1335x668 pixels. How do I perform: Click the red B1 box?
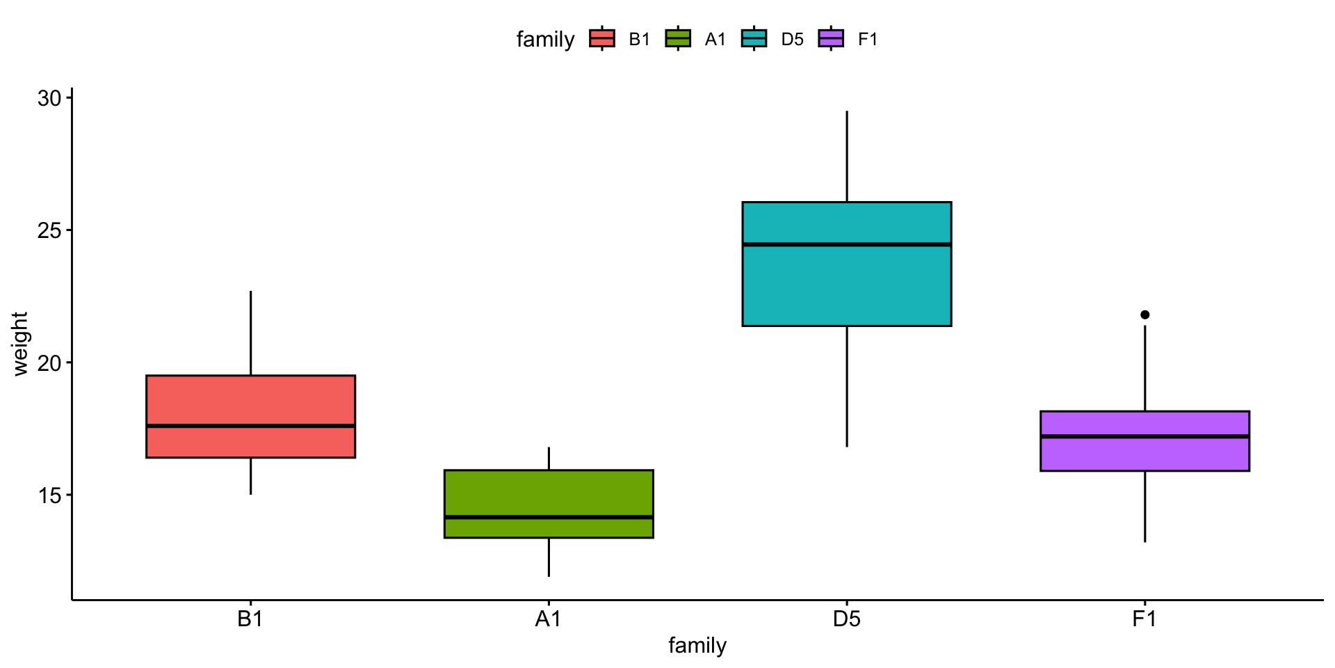point(250,400)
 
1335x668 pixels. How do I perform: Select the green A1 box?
point(549,494)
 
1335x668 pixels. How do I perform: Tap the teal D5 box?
point(846,285)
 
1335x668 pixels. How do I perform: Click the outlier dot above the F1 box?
point(1145,315)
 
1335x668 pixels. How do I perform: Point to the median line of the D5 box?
point(846,244)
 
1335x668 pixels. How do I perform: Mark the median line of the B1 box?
point(250,426)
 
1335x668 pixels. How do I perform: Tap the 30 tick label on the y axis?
point(49,98)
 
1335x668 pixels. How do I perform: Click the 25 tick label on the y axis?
point(49,230)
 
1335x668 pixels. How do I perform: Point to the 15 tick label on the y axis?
point(49,495)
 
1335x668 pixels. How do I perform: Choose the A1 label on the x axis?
point(548,619)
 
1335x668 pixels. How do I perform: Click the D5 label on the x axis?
point(846,619)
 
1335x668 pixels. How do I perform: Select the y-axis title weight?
point(20,344)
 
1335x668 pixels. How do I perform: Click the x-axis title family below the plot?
point(697,646)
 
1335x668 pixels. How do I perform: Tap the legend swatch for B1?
point(602,39)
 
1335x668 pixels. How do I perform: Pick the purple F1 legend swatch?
point(831,39)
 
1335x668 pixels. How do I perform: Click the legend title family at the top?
point(545,40)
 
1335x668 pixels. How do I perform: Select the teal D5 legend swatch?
point(754,39)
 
